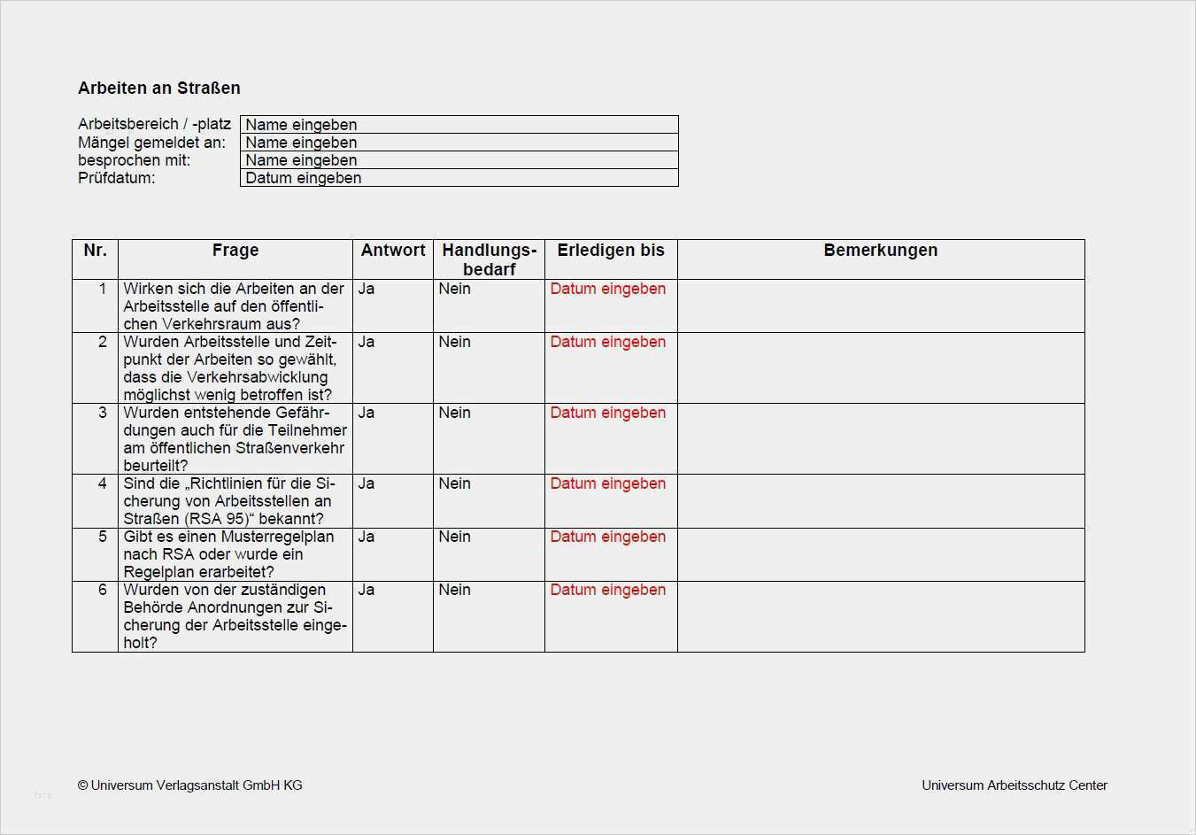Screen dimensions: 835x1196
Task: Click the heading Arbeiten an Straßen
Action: pyautogui.click(x=159, y=88)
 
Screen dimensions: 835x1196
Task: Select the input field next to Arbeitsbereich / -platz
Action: pyautogui.click(x=459, y=125)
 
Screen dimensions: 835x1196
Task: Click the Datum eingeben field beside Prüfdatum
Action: pyautogui.click(x=459, y=178)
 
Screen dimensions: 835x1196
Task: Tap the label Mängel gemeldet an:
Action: pyautogui.click(x=151, y=143)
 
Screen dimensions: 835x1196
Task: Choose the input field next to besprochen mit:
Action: pyautogui.click(x=459, y=160)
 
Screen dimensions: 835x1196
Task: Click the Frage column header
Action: pyautogui.click(x=235, y=251)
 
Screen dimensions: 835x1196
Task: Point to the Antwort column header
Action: pyautogui.click(x=393, y=251)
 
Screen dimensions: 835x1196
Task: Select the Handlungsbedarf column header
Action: pyautogui.click(x=489, y=259)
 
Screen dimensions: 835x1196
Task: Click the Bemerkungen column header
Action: pyautogui.click(x=880, y=251)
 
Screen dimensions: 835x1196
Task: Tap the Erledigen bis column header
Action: pyautogui.click(x=610, y=251)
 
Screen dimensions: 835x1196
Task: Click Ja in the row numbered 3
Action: pyautogui.click(x=367, y=413)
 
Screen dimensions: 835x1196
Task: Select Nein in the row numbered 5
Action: pyautogui.click(x=454, y=537)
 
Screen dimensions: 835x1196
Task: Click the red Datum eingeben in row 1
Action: pyautogui.click(x=607, y=289)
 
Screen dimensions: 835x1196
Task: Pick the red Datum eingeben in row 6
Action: pyautogui.click(x=607, y=590)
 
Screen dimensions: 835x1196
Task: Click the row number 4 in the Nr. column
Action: pyautogui.click(x=103, y=483)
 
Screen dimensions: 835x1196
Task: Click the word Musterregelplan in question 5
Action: pyautogui.click(x=277, y=537)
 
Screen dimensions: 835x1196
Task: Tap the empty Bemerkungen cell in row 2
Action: pyautogui.click(x=880, y=367)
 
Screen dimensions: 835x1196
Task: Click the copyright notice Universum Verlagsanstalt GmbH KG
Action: pyautogui.click(x=190, y=785)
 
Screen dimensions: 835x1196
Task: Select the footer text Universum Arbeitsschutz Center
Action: pyautogui.click(x=1014, y=785)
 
